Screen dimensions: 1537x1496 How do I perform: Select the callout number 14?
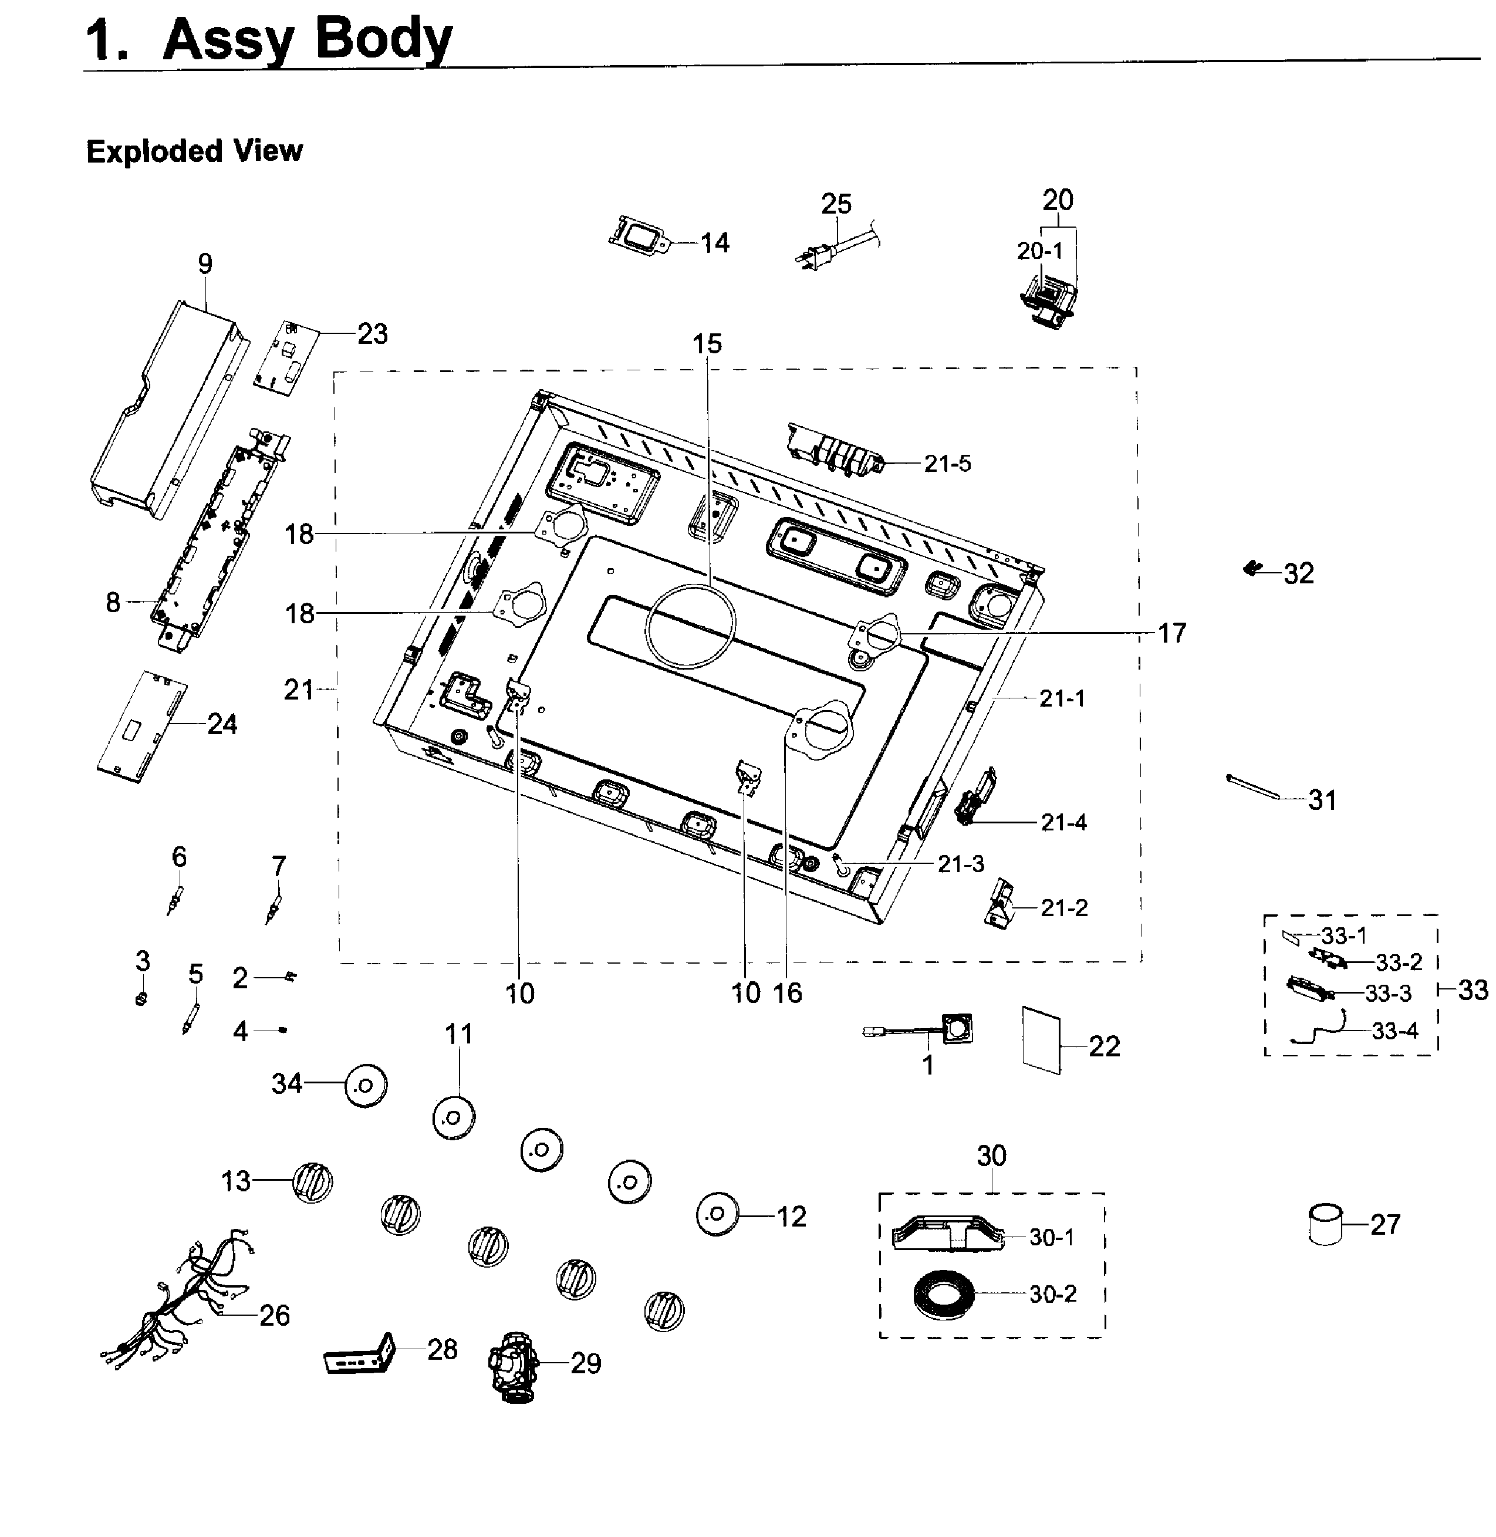(714, 243)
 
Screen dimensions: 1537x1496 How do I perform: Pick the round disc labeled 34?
(366, 1085)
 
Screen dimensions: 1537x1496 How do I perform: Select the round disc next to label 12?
(717, 1214)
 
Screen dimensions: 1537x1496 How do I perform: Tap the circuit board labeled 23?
(288, 357)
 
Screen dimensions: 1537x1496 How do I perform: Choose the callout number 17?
(1171, 633)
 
